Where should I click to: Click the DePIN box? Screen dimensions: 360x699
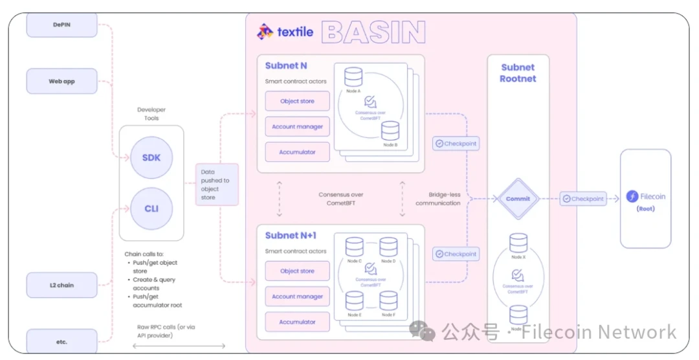tap(61, 25)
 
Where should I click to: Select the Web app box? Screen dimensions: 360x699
tap(61, 82)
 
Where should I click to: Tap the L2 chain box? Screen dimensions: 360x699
tap(61, 285)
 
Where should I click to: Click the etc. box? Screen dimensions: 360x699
tap(61, 341)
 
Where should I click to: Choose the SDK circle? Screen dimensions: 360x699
tap(151, 158)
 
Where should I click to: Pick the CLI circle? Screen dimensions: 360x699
tap(151, 208)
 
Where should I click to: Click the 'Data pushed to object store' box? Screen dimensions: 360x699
tap(217, 185)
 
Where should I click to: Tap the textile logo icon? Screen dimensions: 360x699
tap(265, 31)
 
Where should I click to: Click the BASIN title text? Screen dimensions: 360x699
tap(373, 32)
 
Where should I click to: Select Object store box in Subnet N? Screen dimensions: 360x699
tap(298, 101)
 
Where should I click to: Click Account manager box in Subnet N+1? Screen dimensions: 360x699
tap(298, 297)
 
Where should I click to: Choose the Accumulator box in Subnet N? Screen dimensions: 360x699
tap(298, 152)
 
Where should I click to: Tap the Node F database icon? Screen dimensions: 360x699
tap(388, 300)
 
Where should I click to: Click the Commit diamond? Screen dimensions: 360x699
tap(518, 199)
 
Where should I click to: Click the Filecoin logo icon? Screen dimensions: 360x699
tap(632, 197)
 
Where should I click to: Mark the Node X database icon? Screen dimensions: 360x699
tap(518, 243)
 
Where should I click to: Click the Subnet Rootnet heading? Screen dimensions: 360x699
tap(518, 73)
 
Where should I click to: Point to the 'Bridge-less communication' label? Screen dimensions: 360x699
tap(444, 198)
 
